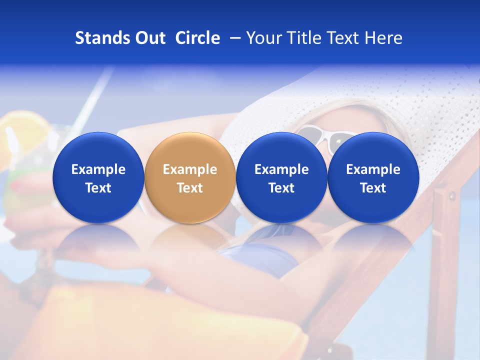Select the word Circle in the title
coord(197,38)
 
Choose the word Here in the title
coord(383,38)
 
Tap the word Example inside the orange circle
coord(190,169)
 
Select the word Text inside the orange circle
coord(190,188)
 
